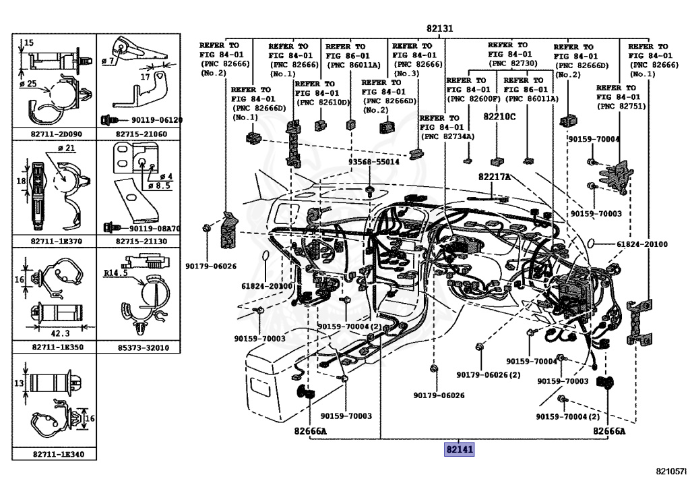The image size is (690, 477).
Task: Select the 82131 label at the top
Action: click(439, 28)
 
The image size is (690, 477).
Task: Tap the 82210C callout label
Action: click(499, 116)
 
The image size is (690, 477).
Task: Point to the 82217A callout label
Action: click(495, 177)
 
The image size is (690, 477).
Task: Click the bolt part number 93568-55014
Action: click(374, 162)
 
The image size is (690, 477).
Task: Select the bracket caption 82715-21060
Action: click(142, 134)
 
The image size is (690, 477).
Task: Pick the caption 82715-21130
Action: click(142, 240)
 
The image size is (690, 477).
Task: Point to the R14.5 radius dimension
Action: click(117, 273)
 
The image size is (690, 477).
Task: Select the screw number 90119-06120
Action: click(148, 120)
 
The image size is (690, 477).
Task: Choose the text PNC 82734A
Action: click(447, 136)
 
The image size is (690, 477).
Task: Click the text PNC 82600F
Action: click(473, 99)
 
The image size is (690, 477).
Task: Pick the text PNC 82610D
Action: click(323, 103)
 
